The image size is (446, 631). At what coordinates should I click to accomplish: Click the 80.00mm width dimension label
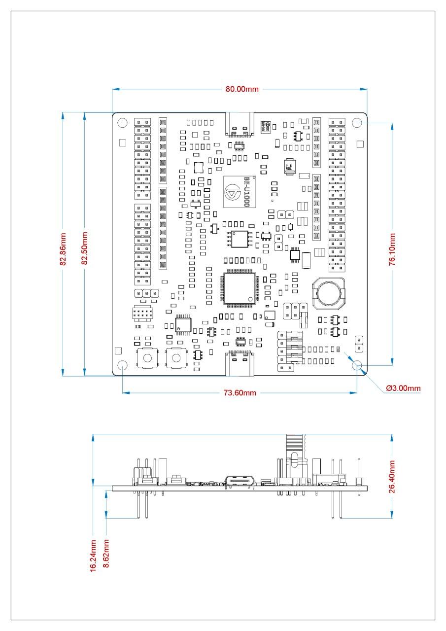point(242,89)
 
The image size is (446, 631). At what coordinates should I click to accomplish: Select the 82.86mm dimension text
point(63,249)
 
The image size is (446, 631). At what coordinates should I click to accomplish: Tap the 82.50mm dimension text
point(84,248)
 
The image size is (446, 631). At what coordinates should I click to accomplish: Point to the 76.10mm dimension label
point(392,249)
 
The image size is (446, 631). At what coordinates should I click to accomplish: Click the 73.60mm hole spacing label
point(240,393)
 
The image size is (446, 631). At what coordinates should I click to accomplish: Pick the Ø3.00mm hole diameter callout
point(403,388)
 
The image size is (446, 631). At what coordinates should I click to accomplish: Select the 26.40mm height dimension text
point(392,477)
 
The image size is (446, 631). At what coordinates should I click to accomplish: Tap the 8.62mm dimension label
point(106,554)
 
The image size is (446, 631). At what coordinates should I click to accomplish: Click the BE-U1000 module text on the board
point(246,192)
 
